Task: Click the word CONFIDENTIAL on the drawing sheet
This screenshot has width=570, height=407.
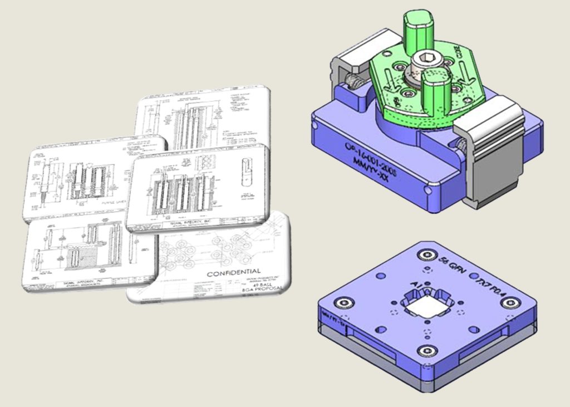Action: (234, 273)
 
